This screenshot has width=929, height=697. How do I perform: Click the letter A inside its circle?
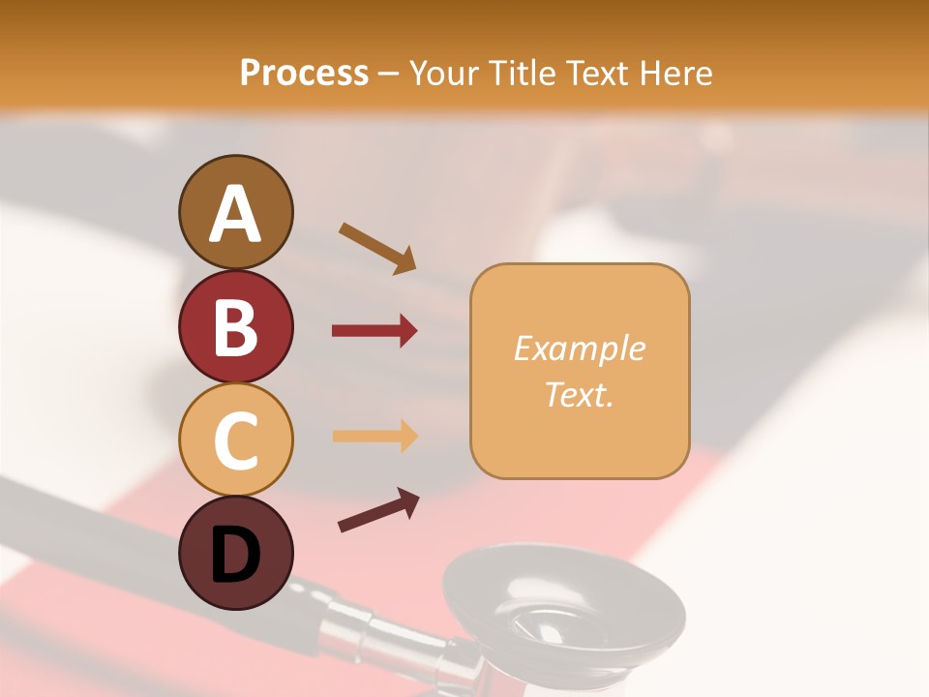[x=235, y=214]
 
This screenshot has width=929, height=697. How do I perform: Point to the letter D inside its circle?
[x=235, y=555]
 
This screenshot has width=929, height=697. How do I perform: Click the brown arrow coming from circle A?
[x=376, y=247]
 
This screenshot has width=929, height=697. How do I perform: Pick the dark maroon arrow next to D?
[x=378, y=510]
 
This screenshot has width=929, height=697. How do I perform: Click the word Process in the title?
[x=304, y=73]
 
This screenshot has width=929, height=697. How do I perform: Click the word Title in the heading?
[x=524, y=73]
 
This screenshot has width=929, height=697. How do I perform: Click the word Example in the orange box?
[x=579, y=348]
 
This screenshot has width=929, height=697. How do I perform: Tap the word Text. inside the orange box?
[x=579, y=394]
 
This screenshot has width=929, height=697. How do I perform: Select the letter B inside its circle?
[x=235, y=327]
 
